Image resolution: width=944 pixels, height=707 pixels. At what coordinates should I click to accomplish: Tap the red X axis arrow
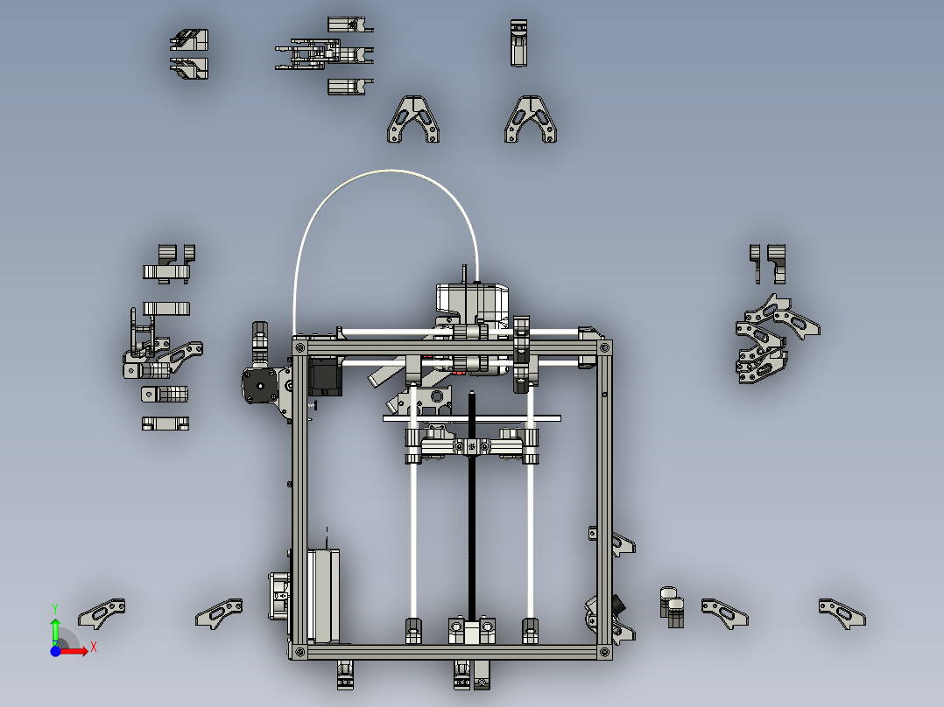[77, 648]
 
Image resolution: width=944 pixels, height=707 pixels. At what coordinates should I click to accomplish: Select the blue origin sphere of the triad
[55, 651]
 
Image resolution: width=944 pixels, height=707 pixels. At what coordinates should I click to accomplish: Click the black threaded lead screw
[472, 525]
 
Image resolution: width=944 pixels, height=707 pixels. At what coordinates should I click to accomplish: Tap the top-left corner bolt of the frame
[299, 347]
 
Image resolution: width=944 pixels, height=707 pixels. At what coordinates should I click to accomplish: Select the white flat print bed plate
[473, 418]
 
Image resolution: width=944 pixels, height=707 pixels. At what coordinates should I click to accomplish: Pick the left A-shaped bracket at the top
[414, 119]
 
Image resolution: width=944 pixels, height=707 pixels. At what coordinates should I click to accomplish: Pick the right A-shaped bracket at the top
[532, 119]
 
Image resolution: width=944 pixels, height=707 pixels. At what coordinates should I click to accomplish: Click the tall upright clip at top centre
[520, 44]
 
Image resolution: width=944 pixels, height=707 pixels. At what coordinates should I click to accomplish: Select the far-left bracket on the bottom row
[102, 612]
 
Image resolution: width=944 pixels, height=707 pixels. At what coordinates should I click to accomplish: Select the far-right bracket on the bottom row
[842, 612]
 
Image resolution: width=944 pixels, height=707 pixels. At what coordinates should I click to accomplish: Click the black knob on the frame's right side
[621, 604]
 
